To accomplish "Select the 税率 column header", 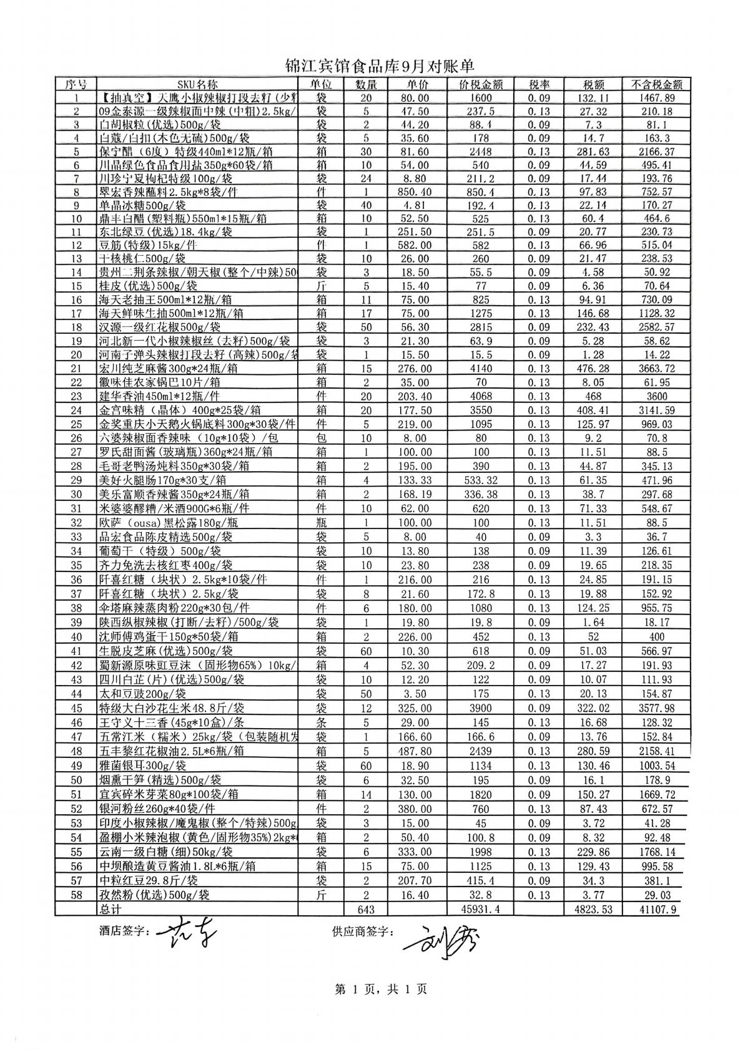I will (538, 84).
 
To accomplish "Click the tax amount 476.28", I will (593, 369).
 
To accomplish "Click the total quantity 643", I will (366, 909).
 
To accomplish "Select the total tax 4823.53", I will (593, 909).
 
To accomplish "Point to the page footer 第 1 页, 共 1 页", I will (381, 989).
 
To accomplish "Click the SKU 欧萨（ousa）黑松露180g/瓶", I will (169, 523).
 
